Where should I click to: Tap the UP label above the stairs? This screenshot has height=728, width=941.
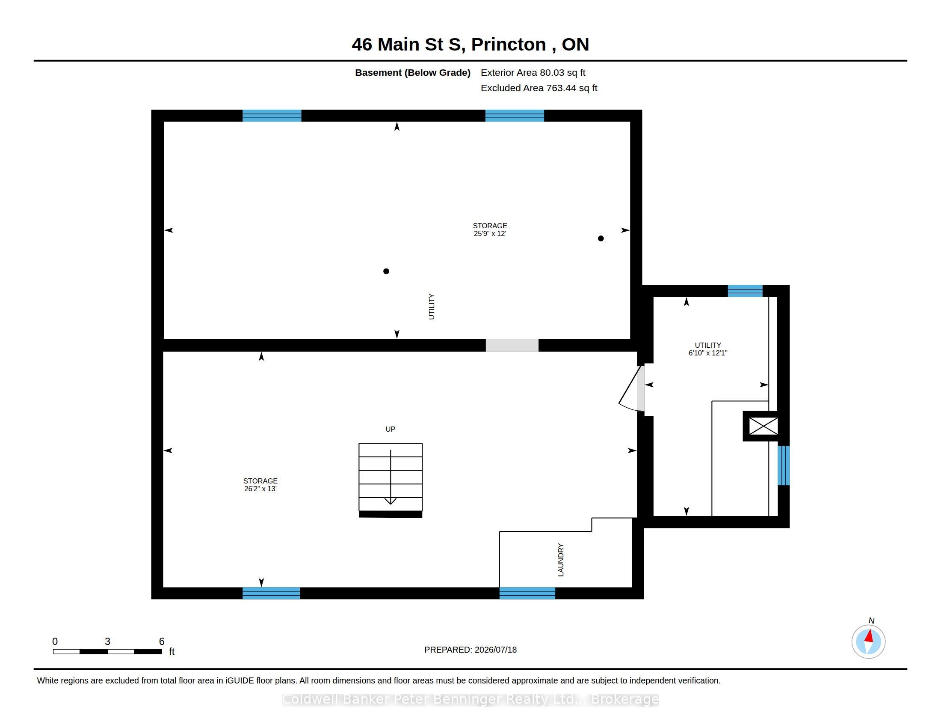pyautogui.click(x=391, y=429)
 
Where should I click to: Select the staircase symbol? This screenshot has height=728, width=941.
pyautogui.click(x=391, y=480)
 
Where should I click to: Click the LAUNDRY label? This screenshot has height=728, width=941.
pyautogui.click(x=561, y=560)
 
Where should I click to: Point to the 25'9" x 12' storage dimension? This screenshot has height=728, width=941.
pyautogui.click(x=490, y=234)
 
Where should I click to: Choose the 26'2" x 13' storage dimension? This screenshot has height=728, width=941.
pyautogui.click(x=260, y=489)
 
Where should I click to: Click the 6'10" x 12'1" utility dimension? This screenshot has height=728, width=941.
pyautogui.click(x=708, y=353)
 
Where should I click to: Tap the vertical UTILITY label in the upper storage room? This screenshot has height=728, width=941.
pyautogui.click(x=431, y=307)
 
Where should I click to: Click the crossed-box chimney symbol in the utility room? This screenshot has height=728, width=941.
pyautogui.click(x=763, y=426)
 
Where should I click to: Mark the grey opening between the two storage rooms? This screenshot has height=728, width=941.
pyautogui.click(x=512, y=346)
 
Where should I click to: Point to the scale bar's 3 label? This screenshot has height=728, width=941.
pyautogui.click(x=107, y=641)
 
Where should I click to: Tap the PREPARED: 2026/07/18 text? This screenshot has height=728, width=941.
pyautogui.click(x=470, y=650)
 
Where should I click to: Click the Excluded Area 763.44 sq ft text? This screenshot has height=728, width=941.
pyautogui.click(x=539, y=88)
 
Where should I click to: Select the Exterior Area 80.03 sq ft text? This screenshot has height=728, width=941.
pyautogui.click(x=533, y=73)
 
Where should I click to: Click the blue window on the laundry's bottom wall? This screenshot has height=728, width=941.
pyautogui.click(x=527, y=594)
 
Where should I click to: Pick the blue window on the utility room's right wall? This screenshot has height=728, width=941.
pyautogui.click(x=784, y=465)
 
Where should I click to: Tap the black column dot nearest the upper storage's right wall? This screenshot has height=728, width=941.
pyautogui.click(x=601, y=239)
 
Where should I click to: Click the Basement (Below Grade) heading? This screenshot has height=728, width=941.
pyautogui.click(x=413, y=73)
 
